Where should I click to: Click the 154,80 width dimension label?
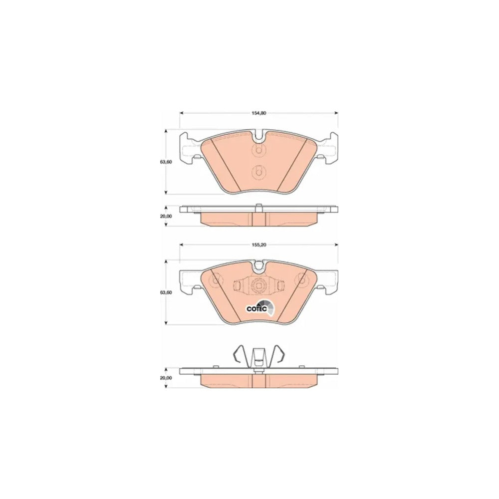point(259,113)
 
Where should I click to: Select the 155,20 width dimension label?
point(259,245)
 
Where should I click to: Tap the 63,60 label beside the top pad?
point(166,162)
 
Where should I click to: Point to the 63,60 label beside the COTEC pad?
point(166,292)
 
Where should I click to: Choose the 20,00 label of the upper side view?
point(166,216)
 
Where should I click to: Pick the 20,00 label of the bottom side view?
point(166,378)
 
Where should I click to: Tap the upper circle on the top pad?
point(258,150)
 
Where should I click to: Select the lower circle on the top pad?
point(258,172)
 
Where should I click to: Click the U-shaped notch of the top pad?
point(259,136)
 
